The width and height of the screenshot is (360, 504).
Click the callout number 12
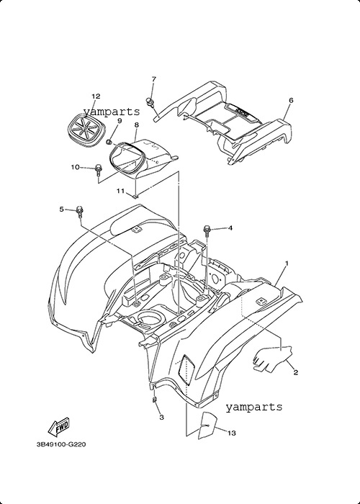[x=96, y=96]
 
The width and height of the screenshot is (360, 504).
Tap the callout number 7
[x=153, y=78]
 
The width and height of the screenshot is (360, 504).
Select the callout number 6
[x=291, y=100]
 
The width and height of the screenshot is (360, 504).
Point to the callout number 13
[x=231, y=433]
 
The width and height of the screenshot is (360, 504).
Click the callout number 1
[x=287, y=264]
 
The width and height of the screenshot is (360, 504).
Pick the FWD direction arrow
[x=58, y=428]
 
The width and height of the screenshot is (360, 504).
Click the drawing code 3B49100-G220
[x=61, y=444]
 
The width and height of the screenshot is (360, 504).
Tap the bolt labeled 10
[x=97, y=170]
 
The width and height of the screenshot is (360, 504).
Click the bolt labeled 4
[x=207, y=231]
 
